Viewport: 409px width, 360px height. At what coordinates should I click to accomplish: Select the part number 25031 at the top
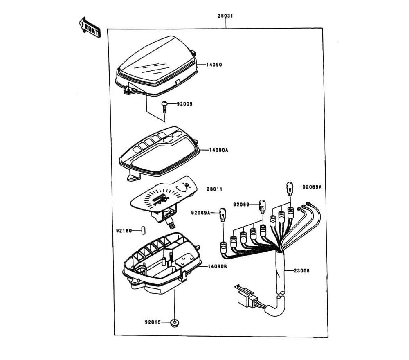(225, 16)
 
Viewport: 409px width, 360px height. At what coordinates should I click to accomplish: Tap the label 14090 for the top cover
(214, 65)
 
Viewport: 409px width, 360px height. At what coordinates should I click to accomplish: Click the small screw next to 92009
(164, 106)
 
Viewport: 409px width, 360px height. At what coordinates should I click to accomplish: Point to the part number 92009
(184, 104)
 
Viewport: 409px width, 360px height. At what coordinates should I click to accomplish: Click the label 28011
(214, 189)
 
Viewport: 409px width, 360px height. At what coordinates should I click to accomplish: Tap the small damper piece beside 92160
(143, 230)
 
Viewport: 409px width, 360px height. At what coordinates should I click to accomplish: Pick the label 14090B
(217, 266)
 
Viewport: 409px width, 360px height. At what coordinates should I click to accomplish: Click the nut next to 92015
(175, 323)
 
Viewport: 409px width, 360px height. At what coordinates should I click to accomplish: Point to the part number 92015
(153, 322)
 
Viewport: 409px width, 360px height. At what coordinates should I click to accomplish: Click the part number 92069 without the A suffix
(241, 204)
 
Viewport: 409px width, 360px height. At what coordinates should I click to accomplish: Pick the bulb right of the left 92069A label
(223, 214)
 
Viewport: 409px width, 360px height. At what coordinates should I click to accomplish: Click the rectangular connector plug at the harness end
(245, 296)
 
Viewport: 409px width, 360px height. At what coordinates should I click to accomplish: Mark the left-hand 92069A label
(200, 212)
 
